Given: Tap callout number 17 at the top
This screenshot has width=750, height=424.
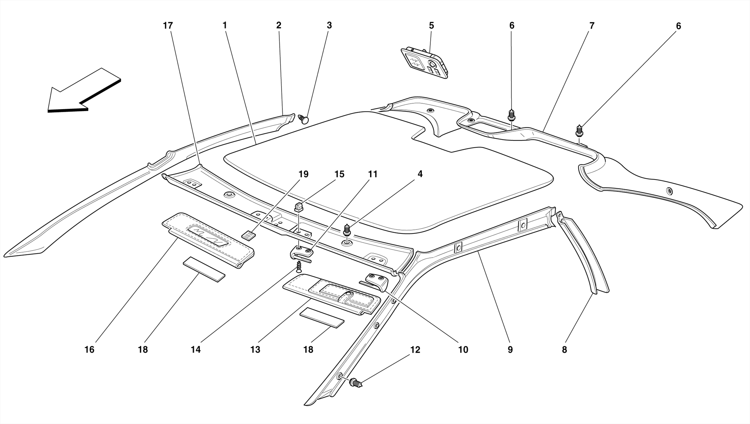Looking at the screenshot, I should (168, 26).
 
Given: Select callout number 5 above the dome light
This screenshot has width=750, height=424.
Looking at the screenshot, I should (431, 26).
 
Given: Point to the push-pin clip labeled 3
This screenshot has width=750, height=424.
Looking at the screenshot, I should (304, 119).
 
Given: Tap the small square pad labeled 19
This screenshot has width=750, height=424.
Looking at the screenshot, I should (249, 235).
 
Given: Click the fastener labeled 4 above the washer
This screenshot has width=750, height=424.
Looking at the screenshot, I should (346, 231).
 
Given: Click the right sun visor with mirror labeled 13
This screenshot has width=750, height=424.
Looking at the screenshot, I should (331, 295).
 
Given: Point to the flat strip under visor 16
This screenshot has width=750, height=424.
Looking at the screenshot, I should (204, 269).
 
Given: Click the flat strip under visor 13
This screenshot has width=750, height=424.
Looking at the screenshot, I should (322, 317).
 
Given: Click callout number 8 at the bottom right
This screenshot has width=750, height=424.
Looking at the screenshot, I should (564, 350).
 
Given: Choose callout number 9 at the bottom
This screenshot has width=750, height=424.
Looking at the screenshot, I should (510, 350).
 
